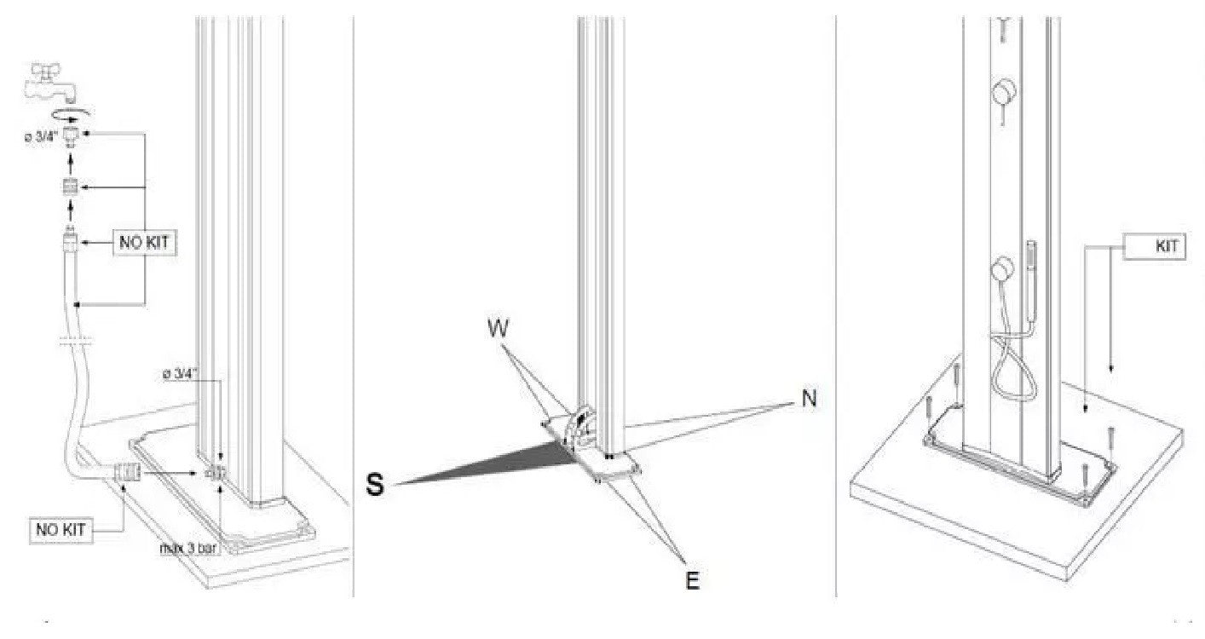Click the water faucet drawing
49,83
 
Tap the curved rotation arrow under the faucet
71,113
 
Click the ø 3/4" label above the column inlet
181,374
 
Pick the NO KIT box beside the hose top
144,243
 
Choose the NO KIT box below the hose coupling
61,530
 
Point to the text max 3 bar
189,548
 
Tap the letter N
809,399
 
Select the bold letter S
375,484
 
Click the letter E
692,581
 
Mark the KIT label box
1155,247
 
